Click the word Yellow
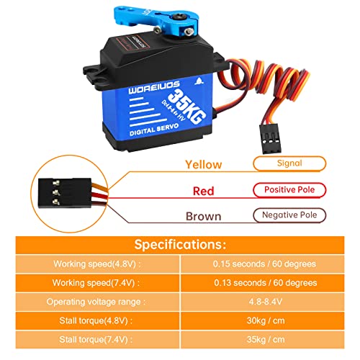(203, 164)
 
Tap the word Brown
(203, 215)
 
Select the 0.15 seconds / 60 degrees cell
(265, 264)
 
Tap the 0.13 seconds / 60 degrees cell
(265, 283)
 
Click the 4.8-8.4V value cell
(265, 302)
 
